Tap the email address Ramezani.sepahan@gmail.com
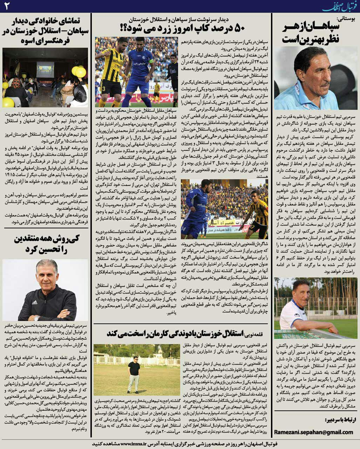[313, 432]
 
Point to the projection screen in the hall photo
[45, 68]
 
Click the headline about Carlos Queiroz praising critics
[46, 244]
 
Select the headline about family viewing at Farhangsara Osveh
[46, 30]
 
